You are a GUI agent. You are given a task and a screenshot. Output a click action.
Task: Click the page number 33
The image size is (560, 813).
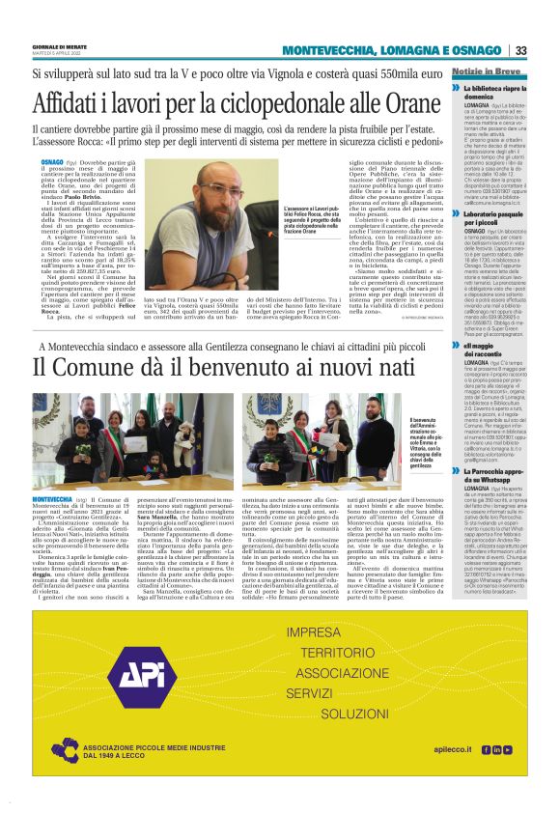(520, 50)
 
